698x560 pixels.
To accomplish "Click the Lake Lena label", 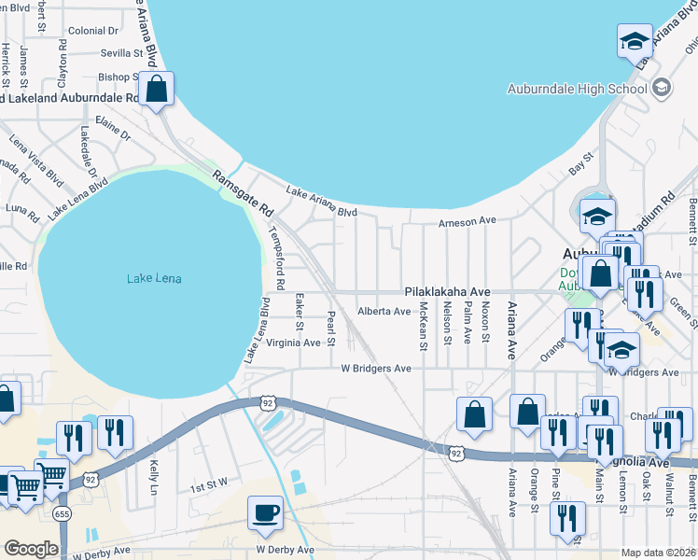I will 154,278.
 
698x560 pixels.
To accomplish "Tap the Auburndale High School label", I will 577,89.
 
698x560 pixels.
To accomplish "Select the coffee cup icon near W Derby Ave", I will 265,512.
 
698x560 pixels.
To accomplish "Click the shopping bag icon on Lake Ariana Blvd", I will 157,90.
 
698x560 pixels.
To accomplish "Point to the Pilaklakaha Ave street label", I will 446,291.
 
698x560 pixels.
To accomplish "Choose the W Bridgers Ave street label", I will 375,369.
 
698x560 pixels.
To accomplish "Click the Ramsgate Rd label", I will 241,193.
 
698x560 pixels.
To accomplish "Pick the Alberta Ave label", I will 384,312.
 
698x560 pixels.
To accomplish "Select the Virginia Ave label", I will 294,343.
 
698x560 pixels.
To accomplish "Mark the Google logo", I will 31,549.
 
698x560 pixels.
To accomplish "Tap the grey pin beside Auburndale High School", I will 662,89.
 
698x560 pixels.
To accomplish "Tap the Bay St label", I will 580,164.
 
